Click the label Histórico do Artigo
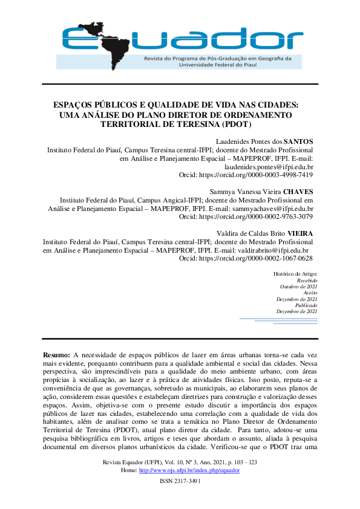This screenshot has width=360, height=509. pyautogui.click(x=295, y=274)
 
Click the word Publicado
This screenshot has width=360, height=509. pyautogui.click(x=306, y=305)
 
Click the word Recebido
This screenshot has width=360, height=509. pyautogui.click(x=307, y=280)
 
